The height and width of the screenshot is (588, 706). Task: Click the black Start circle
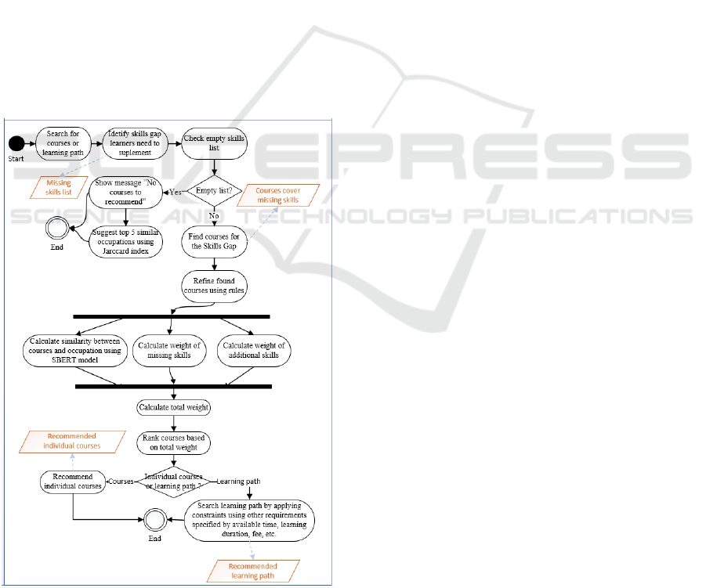point(18,144)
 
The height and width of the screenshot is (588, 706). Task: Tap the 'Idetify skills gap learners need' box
point(134,144)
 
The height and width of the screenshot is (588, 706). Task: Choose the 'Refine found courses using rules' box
point(214,286)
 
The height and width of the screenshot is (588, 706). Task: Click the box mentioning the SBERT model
point(75,350)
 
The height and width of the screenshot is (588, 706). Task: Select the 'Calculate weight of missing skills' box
point(169,351)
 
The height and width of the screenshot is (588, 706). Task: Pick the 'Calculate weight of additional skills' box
point(253,351)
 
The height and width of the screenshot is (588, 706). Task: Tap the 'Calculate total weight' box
point(173,407)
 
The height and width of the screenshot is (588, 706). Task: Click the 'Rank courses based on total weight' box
point(173,443)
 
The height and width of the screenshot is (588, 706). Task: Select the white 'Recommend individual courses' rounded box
point(73,482)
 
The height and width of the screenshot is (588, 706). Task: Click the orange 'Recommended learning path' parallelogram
point(252,570)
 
